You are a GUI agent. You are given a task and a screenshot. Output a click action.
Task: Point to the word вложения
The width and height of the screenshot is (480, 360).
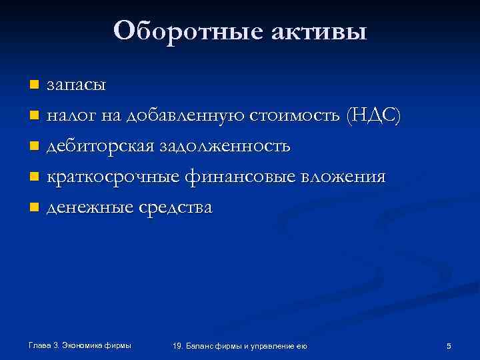point(343,177)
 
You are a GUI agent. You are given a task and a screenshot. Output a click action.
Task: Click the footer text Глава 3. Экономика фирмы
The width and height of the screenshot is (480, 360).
point(80,345)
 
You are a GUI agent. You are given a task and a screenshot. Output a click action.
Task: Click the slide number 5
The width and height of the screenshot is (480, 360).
point(449,345)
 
